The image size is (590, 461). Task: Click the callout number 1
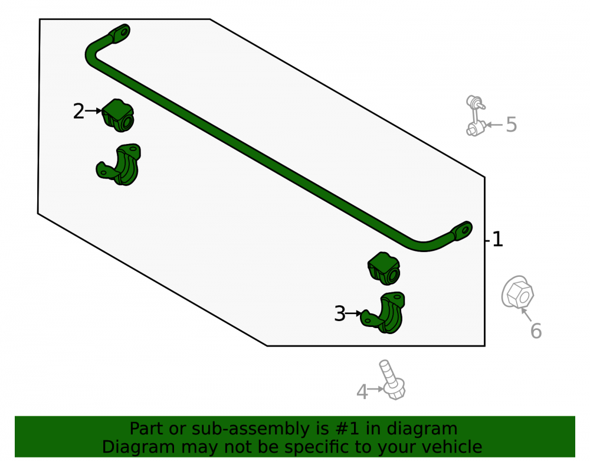pyautogui.click(x=497, y=239)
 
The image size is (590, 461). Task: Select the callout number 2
pyautogui.click(x=78, y=112)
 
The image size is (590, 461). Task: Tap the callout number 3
pyautogui.click(x=340, y=313)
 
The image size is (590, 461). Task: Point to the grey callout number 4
pyautogui.click(x=362, y=391)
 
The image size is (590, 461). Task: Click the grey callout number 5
pyautogui.click(x=512, y=125)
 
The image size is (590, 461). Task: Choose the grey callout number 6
pyautogui.click(x=536, y=331)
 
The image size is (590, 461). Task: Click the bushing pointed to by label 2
pyautogui.click(x=118, y=116)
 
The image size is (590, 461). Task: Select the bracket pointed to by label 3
pyautogui.click(x=383, y=313)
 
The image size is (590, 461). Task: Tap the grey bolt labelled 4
pyautogui.click(x=392, y=380)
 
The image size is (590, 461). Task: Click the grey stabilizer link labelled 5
pyautogui.click(x=476, y=116)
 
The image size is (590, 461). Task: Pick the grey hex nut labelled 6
pyautogui.click(x=518, y=292)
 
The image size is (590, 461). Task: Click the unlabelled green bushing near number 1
pyautogui.click(x=383, y=269)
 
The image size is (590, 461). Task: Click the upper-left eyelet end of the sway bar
pyautogui.click(x=120, y=34)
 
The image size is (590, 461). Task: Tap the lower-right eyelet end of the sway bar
pyautogui.click(x=462, y=230)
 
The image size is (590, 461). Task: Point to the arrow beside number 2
pyautogui.click(x=93, y=110)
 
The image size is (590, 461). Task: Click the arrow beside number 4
pyautogui.click(x=375, y=389)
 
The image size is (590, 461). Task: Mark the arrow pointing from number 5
pyautogui.click(x=494, y=125)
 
